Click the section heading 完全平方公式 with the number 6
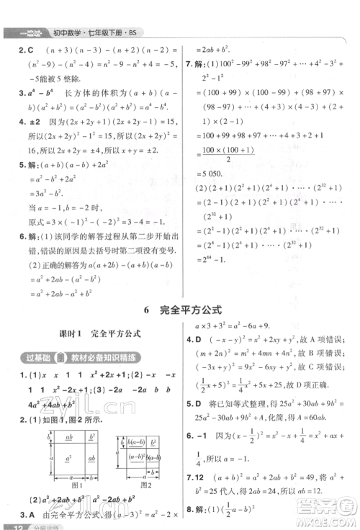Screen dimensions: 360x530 (180, 312)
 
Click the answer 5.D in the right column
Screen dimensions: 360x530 (193, 405)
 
